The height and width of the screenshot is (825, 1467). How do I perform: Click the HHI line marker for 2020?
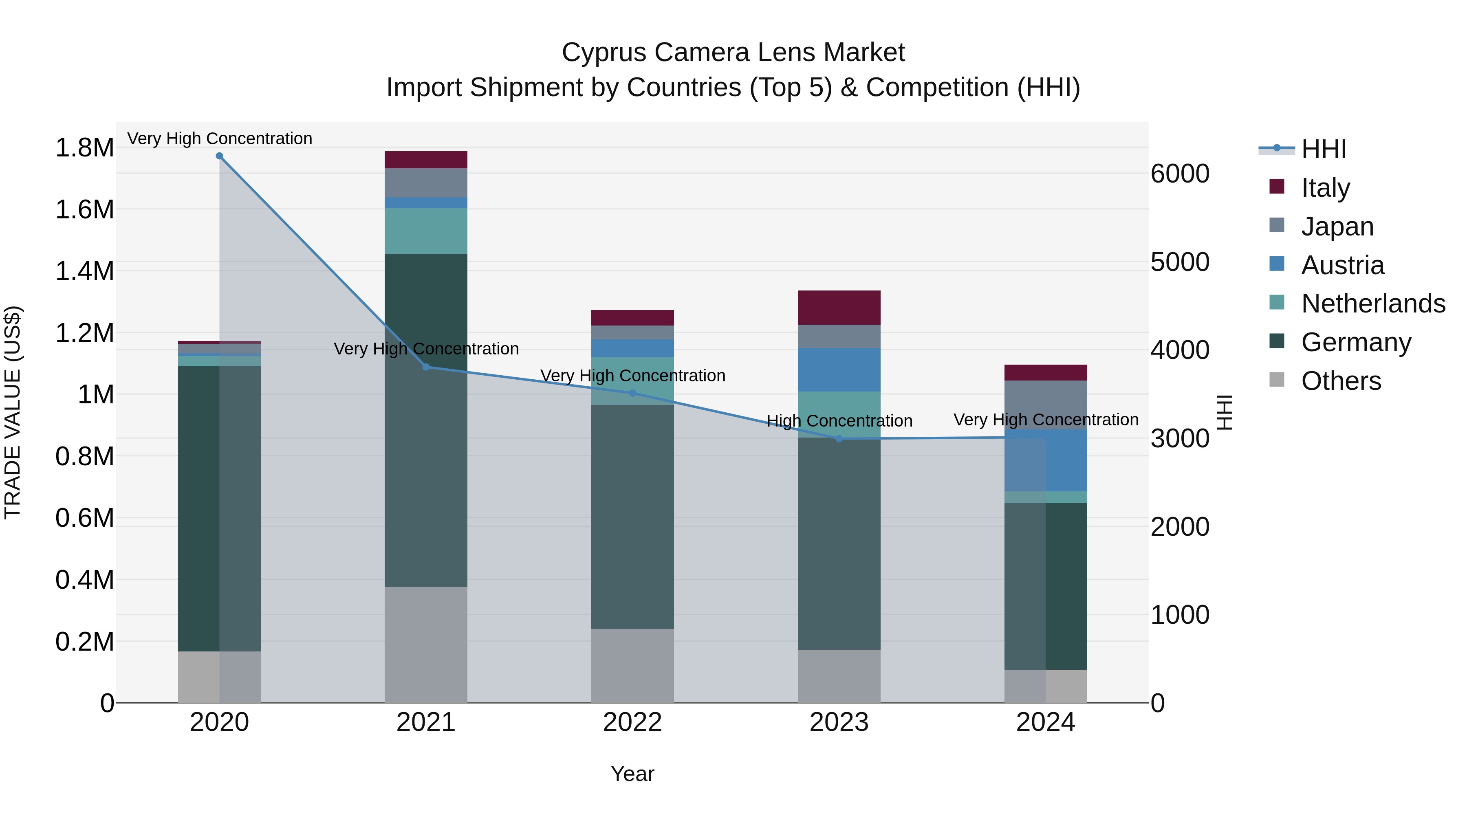[x=219, y=156]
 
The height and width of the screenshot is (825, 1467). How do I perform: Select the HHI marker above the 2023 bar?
[x=839, y=439]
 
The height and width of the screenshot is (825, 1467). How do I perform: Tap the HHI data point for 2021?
[x=426, y=367]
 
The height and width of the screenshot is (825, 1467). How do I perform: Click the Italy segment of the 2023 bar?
[x=839, y=308]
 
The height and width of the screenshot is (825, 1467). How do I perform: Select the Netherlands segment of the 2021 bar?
[x=426, y=231]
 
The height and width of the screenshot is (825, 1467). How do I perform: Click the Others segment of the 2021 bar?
[x=426, y=645]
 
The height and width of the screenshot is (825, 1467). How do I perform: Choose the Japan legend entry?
[x=1337, y=226]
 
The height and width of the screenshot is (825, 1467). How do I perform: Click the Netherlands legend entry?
[x=1372, y=304]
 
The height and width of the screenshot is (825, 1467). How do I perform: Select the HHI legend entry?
[x=1324, y=149]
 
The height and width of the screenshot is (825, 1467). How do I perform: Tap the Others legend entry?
[x=1341, y=381]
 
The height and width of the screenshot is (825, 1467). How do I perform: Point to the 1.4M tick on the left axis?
[x=84, y=271]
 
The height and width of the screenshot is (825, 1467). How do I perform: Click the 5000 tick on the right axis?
[x=1180, y=262]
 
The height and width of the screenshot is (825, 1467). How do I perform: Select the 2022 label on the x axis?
[x=632, y=722]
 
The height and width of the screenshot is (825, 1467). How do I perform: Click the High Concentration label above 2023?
[x=839, y=421]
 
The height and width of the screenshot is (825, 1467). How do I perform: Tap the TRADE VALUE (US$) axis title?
[x=13, y=412]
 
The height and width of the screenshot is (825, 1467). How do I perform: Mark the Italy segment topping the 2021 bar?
[x=426, y=159]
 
